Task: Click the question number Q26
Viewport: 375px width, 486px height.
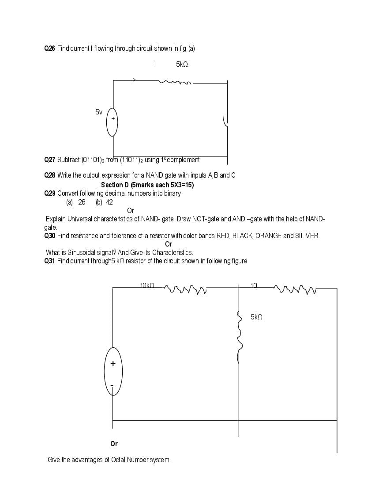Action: (x=50, y=48)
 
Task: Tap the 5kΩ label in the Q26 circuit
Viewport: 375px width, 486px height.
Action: (x=182, y=65)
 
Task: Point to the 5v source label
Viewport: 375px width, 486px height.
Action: (x=99, y=112)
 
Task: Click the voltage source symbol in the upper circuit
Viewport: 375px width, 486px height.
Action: (x=112, y=122)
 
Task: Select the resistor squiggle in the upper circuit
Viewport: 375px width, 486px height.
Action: (x=175, y=82)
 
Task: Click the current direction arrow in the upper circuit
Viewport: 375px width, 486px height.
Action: (x=134, y=80)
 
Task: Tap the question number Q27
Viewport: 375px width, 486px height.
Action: (x=50, y=159)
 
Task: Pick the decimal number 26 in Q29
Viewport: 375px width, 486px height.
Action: (x=82, y=202)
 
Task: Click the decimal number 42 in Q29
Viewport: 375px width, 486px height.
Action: (x=109, y=202)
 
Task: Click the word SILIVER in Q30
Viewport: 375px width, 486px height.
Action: (x=307, y=236)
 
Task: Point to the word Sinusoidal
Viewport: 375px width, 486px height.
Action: (x=83, y=253)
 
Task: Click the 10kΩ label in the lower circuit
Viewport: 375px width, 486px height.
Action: (x=147, y=286)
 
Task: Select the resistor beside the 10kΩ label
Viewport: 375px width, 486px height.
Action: (x=185, y=289)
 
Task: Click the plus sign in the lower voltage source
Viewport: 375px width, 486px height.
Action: (x=113, y=364)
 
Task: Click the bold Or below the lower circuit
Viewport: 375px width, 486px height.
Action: (x=114, y=444)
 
